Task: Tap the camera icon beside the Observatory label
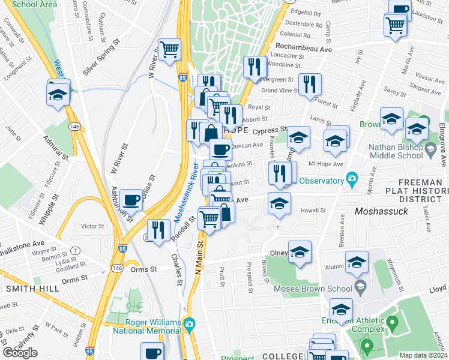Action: point(352,179)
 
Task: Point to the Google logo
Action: point(20,353)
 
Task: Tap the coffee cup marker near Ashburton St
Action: point(131,199)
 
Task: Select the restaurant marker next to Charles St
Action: point(158,230)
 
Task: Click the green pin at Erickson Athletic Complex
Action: point(393,324)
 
